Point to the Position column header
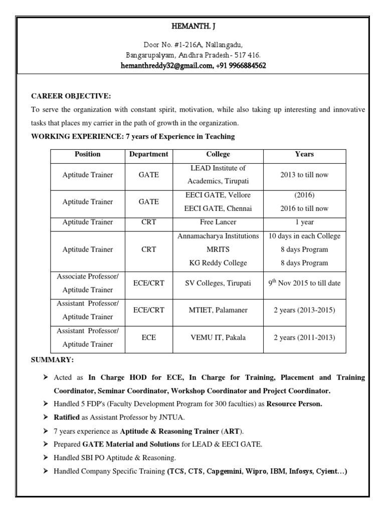tap(87, 154)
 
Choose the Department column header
tap(148, 154)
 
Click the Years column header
tap(304, 154)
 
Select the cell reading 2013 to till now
tap(304, 175)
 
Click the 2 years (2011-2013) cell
tap(304, 338)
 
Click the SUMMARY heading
tap(53, 360)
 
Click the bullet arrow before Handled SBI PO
tap(46, 458)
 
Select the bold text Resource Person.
tap(294, 403)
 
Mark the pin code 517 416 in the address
tap(247, 55)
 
